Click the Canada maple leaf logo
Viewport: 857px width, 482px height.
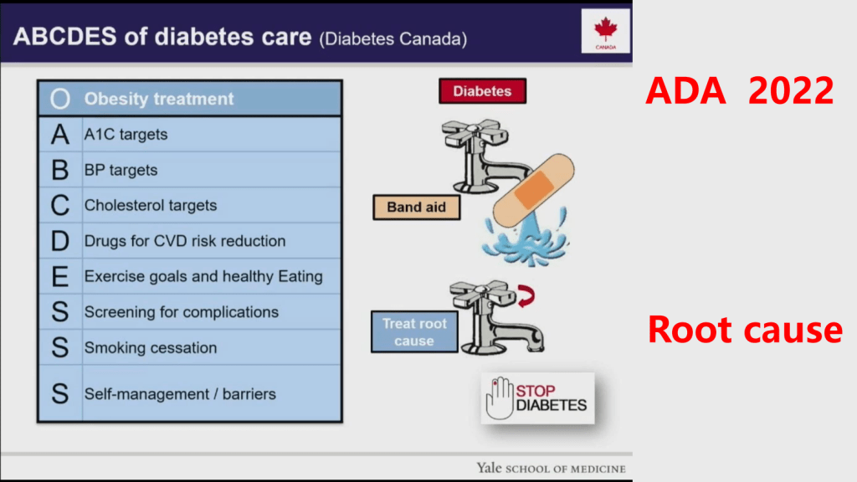click(606, 31)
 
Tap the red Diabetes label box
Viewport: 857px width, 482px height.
click(483, 90)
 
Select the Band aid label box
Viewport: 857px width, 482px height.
click(417, 208)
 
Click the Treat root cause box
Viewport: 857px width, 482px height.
click(414, 331)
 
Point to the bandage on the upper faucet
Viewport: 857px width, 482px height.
click(533, 190)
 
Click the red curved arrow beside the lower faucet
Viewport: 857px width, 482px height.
click(526, 295)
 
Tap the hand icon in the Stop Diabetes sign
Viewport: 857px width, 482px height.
click(500, 397)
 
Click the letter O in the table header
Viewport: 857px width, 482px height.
click(60, 99)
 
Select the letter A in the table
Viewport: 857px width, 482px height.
click(60, 135)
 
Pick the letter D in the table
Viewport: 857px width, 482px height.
click(60, 241)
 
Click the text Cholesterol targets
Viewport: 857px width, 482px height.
click(151, 206)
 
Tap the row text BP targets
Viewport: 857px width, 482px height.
click(121, 170)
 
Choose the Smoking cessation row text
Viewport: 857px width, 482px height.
click(151, 347)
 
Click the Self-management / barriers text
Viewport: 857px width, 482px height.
click(180, 394)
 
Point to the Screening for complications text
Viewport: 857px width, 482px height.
click(182, 312)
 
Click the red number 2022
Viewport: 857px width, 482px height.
click(791, 90)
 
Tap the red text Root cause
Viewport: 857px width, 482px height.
click(745, 330)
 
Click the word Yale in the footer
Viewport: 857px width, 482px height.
click(489, 468)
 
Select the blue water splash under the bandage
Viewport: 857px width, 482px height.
click(525, 240)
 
